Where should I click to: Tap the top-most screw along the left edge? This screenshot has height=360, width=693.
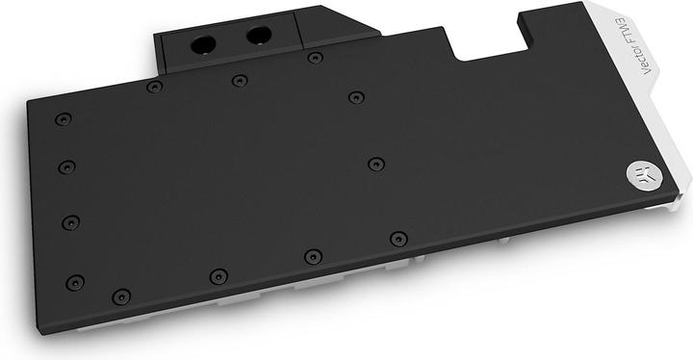tap(63, 120)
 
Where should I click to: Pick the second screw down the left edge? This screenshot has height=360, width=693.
tap(65, 167)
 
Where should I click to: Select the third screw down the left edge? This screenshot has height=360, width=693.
tap(70, 222)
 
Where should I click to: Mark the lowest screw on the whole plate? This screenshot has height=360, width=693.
tap(119, 296)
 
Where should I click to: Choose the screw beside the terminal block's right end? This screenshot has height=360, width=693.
tap(315, 58)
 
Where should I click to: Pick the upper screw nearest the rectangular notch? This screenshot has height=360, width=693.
tap(355, 96)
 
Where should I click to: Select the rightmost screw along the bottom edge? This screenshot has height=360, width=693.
tap(398, 237)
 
